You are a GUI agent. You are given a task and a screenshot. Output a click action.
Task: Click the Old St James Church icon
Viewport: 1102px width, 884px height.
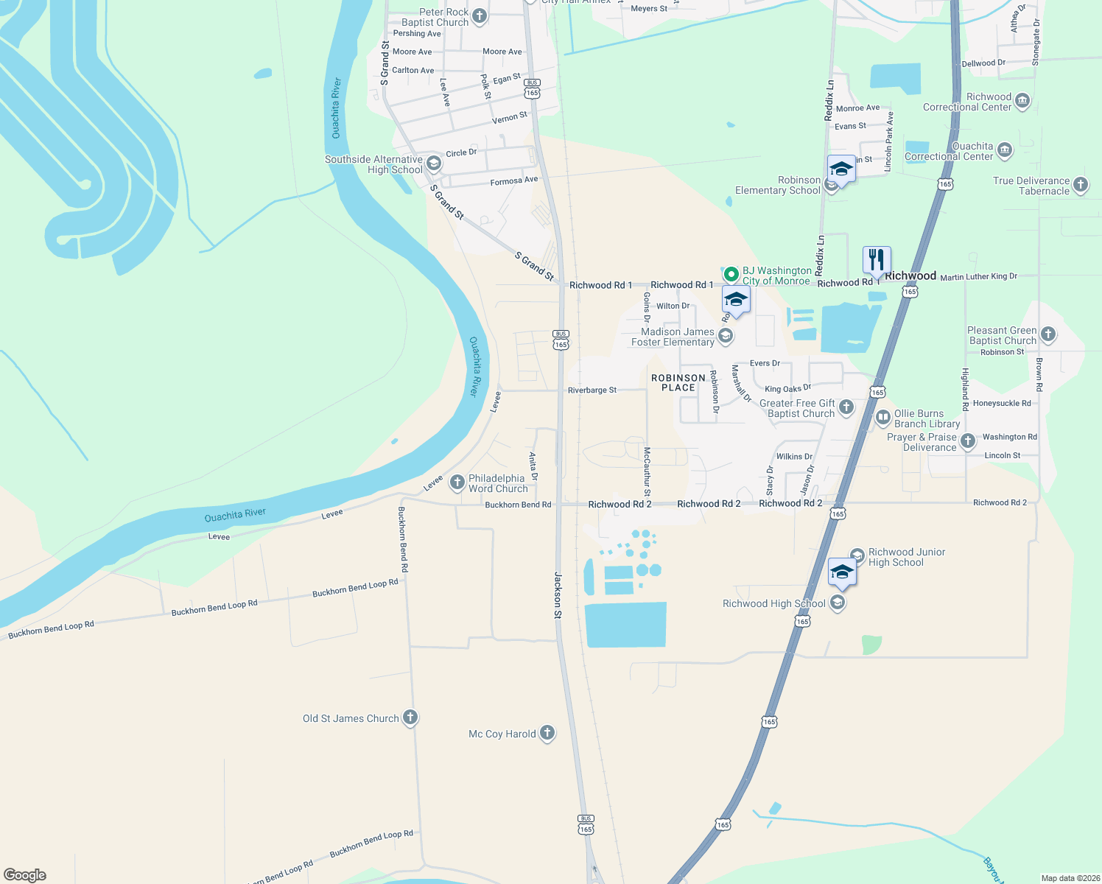(x=410, y=718)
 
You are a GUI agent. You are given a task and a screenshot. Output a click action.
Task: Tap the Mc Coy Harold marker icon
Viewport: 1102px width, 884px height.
(x=547, y=732)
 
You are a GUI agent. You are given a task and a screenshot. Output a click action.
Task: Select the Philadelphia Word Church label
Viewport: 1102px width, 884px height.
(x=498, y=483)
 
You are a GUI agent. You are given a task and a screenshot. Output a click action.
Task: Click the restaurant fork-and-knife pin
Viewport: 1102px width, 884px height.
(x=877, y=260)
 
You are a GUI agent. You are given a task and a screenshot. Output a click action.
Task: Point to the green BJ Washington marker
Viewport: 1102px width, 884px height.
(x=731, y=274)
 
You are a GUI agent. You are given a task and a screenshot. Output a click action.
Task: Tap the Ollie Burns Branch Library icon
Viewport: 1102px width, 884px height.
(x=882, y=418)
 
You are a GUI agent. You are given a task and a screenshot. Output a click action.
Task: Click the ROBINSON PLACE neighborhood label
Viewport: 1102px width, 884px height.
(x=678, y=382)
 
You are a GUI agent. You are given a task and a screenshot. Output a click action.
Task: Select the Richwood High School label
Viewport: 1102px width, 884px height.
(x=773, y=603)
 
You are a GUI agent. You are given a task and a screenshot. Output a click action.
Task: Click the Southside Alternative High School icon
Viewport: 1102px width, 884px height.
(x=433, y=164)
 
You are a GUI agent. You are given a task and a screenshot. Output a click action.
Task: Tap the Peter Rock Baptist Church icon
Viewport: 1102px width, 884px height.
(x=480, y=15)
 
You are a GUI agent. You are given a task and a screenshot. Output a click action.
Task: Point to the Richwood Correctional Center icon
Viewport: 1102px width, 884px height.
(x=1022, y=101)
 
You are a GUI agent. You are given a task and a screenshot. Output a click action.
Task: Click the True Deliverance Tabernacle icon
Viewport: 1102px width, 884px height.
(x=1080, y=185)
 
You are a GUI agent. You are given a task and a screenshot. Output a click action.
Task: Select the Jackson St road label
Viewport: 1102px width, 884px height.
(x=558, y=594)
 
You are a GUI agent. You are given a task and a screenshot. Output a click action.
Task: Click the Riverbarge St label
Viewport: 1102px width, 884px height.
(x=592, y=390)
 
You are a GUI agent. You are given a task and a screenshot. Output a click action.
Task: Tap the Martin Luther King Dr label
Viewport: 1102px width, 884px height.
(x=978, y=276)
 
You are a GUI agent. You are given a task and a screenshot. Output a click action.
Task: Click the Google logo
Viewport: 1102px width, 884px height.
(x=25, y=875)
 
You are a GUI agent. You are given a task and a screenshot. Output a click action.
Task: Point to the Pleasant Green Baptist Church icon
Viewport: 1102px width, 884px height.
(x=1047, y=334)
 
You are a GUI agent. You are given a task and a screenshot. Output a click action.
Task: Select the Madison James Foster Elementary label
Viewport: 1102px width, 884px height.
(x=673, y=337)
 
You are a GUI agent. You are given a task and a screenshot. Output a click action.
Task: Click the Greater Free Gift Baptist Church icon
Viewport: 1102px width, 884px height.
(x=846, y=407)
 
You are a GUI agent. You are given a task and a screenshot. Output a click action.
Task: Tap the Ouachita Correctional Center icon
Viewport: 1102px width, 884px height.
(x=1004, y=150)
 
